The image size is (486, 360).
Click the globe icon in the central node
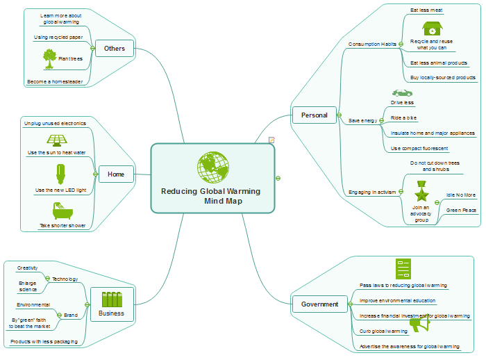(x=213, y=167)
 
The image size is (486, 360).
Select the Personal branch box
(x=314, y=115)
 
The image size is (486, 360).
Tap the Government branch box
(x=319, y=304)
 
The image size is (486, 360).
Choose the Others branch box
(x=115, y=49)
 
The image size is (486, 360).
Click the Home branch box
(x=116, y=174)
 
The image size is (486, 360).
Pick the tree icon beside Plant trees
(x=49, y=58)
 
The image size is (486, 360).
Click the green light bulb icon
(x=60, y=172)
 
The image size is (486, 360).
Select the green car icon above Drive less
(x=402, y=92)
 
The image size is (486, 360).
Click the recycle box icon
(x=432, y=28)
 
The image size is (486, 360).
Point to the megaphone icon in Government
(x=419, y=324)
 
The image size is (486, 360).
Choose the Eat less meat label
(x=426, y=10)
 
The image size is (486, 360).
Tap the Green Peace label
(x=461, y=209)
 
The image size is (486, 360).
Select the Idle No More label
(x=461, y=195)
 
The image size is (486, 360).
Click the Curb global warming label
(x=384, y=331)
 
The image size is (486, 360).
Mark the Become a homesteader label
(x=55, y=81)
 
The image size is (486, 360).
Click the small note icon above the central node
(x=271, y=140)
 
